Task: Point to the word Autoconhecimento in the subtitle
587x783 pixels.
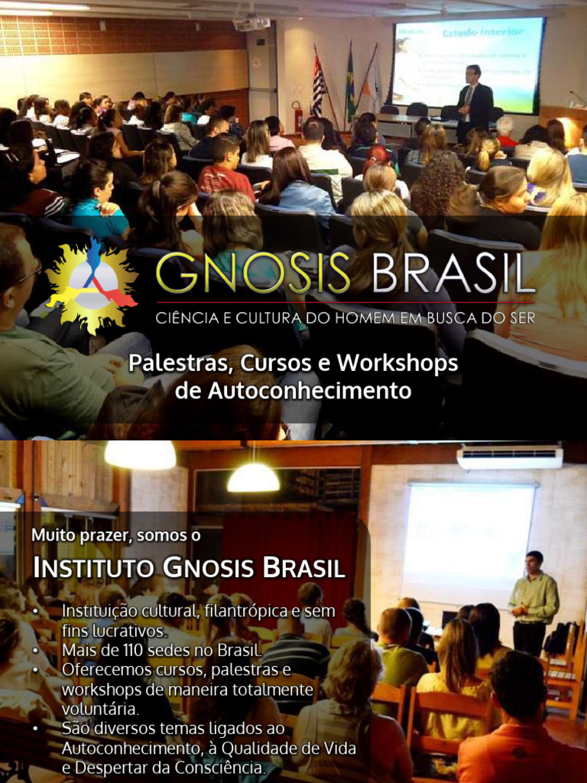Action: tap(293, 391)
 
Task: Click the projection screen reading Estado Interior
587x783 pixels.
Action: tap(469, 65)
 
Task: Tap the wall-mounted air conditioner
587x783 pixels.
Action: tap(509, 457)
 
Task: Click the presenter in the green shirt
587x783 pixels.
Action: tap(533, 601)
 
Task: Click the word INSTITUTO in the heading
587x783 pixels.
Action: tap(94, 569)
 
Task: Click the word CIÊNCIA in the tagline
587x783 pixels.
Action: tap(182, 317)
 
